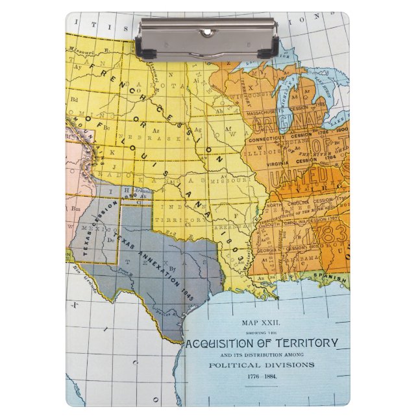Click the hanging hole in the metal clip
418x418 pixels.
click(x=208, y=31)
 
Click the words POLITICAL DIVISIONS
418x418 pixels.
click(x=260, y=365)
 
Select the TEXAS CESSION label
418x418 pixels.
click(x=91, y=221)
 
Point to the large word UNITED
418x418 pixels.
click(x=298, y=176)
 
